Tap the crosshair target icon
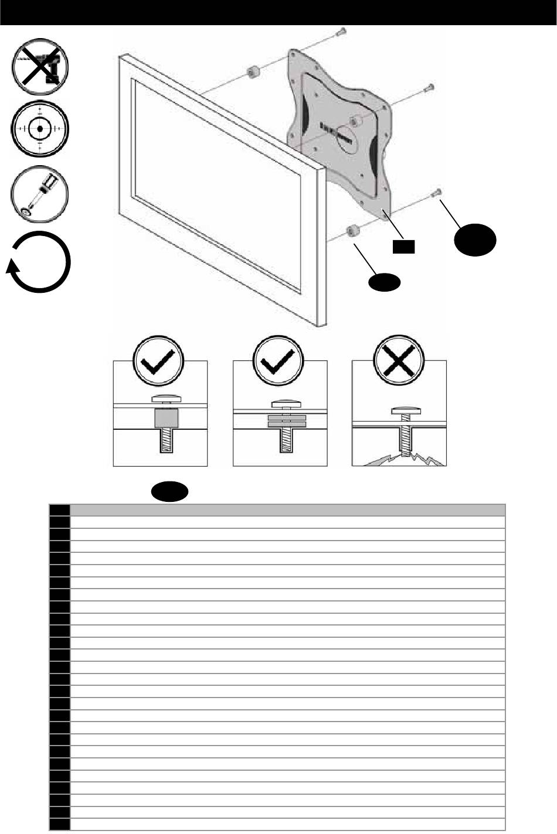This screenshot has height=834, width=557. pos(40,128)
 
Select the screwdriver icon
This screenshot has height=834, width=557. pos(40,193)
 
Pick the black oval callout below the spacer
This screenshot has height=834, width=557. pos(384,283)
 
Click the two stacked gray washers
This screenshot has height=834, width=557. pos(287,421)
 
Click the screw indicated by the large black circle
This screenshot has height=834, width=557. pos(436,194)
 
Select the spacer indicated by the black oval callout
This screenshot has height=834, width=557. pos(353,230)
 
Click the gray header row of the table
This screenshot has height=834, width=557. pos(287,510)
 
